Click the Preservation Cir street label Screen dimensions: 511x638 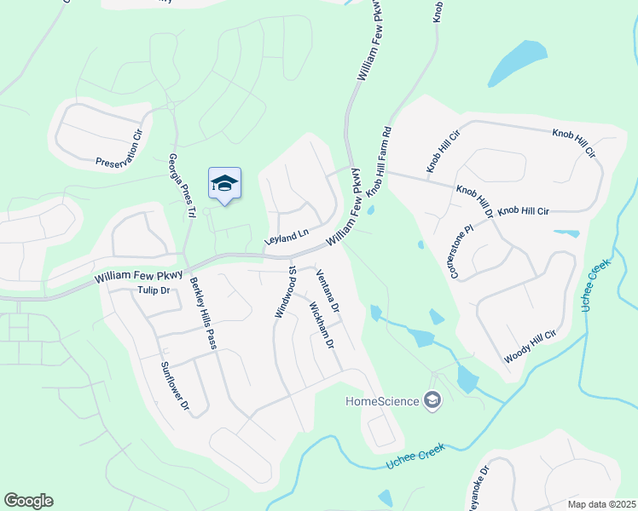pos(119,150)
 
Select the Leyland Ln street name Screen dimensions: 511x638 pos(286,238)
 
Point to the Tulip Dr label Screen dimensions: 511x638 pos(154,290)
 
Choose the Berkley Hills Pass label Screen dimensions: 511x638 pos(203,313)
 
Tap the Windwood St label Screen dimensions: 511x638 pos(284,290)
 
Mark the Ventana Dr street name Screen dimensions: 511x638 pos(328,290)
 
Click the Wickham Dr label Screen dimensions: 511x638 pos(321,325)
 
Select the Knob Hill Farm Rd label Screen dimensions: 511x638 pos(378,161)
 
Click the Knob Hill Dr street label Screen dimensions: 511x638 pos(474,197)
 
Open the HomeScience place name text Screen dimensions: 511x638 pos(381,401)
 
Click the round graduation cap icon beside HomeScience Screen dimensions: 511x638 pos(432,400)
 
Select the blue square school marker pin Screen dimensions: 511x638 pos(224,183)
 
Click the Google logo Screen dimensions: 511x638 pos(28,501)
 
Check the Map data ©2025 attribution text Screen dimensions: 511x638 pos(600,503)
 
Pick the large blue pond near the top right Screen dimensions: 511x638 pos(519,61)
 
